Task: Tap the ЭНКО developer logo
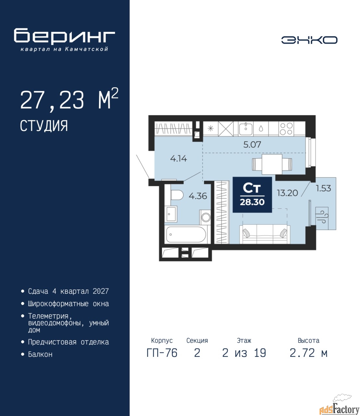[309, 40]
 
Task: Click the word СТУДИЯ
[44, 125]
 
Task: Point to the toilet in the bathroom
[177, 195]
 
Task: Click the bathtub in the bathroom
[186, 234]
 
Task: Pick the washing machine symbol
[205, 217]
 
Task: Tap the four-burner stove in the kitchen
[286, 129]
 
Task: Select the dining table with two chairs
[272, 164]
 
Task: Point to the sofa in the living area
[265, 234]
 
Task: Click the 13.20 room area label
[287, 193]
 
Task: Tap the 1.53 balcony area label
[323, 188]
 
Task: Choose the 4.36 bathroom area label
[198, 196]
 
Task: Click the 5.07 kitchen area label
[252, 145]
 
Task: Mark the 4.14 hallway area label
[179, 159]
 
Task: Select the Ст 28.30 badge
[252, 195]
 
